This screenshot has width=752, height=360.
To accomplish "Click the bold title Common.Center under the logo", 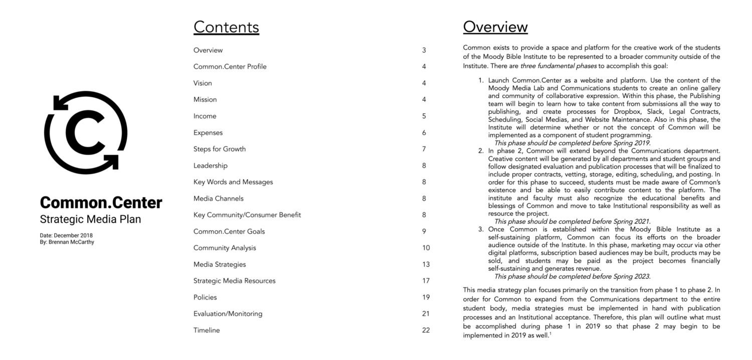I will [101, 203].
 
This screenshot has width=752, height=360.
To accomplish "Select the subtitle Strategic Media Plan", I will [90, 219].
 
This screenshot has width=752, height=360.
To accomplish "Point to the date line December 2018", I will [66, 235].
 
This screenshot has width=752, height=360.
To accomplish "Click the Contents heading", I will [226, 27].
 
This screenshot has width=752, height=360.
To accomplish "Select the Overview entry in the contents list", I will [208, 50].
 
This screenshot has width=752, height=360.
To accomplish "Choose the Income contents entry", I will [205, 116].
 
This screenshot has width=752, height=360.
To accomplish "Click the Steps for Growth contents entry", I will [220, 149].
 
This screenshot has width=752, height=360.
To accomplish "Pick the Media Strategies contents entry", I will [220, 264].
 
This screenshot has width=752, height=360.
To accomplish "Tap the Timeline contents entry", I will [207, 330].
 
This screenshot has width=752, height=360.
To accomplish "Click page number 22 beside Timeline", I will [426, 330].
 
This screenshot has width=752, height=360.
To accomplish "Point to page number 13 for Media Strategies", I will [426, 264].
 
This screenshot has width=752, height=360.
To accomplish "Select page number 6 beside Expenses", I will [424, 133].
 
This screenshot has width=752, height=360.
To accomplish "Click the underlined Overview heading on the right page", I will [495, 27].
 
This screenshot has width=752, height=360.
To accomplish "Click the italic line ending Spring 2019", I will [572, 143].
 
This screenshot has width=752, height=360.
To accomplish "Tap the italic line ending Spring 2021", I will [572, 221].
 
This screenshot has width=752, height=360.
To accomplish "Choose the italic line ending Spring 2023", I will [572, 276].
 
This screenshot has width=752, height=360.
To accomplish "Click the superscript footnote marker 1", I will [550, 334].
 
